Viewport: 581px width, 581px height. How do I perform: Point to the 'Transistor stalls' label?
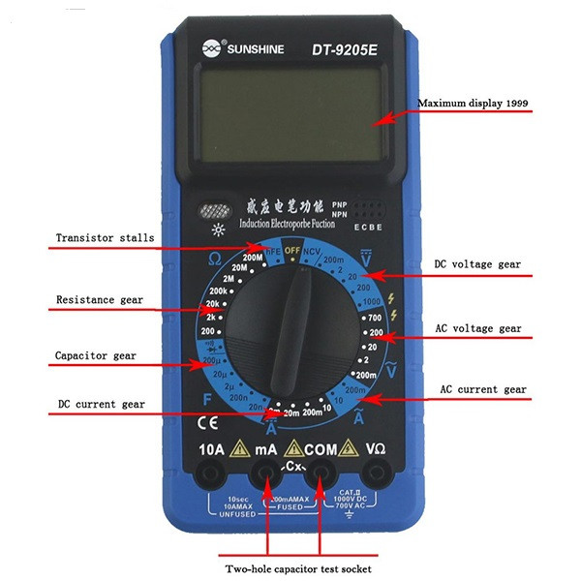tap(105, 238)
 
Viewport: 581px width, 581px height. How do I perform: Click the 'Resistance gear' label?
tap(100, 300)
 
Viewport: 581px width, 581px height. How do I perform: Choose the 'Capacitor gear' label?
tap(96, 355)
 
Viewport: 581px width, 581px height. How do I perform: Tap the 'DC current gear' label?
tap(101, 403)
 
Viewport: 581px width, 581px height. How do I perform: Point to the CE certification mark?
tap(208, 422)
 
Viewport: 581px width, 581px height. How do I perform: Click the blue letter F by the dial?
tap(206, 396)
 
